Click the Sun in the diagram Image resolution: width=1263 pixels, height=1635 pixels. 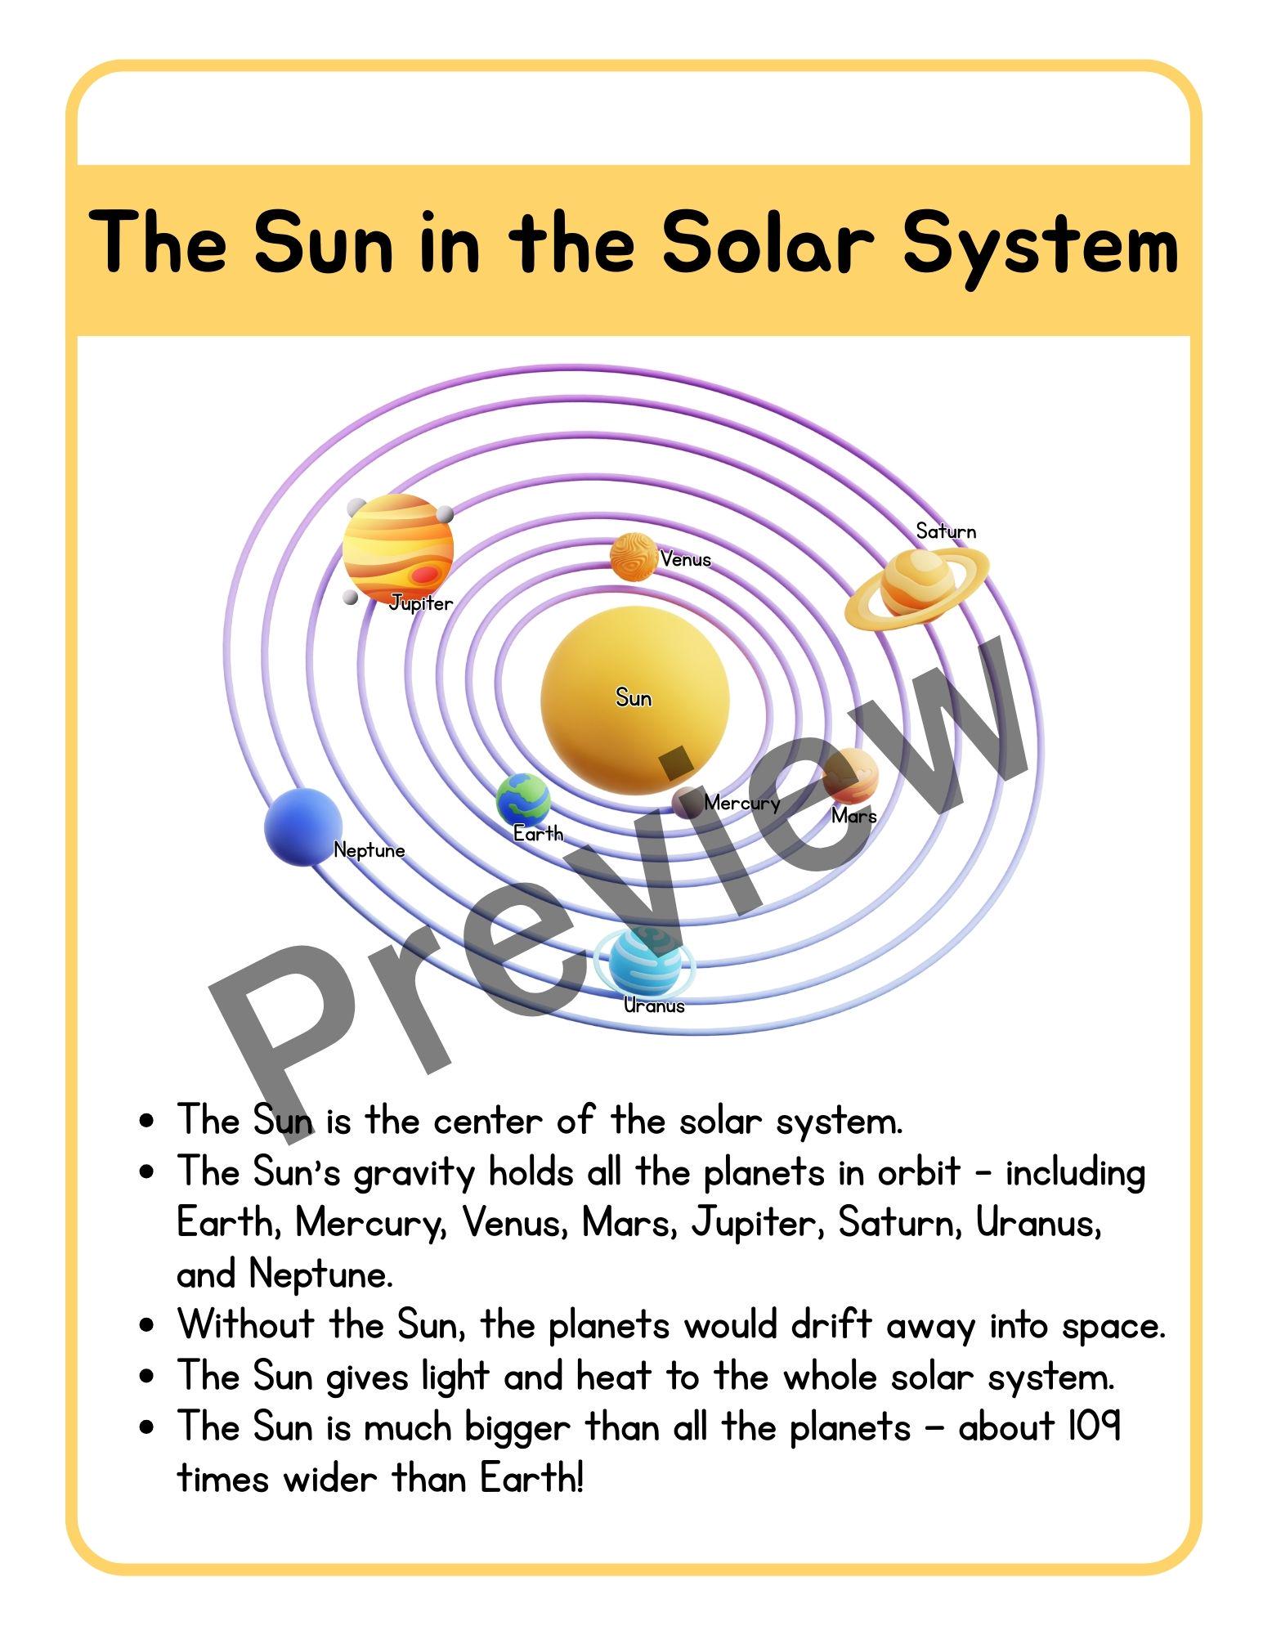(634, 700)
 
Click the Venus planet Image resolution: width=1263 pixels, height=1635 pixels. (633, 557)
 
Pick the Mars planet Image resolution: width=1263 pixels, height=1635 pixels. (851, 775)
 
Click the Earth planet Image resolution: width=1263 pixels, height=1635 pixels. (523, 800)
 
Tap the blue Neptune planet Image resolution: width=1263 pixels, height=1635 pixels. (302, 826)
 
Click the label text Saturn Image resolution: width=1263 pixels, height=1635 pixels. (946, 532)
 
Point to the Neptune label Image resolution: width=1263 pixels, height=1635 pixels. (369, 851)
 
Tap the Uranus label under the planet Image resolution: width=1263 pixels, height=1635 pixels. (654, 1006)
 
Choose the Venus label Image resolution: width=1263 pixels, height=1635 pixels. (686, 560)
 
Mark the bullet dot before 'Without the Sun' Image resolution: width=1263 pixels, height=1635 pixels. (147, 1324)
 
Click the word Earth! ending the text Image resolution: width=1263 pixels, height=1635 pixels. (532, 1478)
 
